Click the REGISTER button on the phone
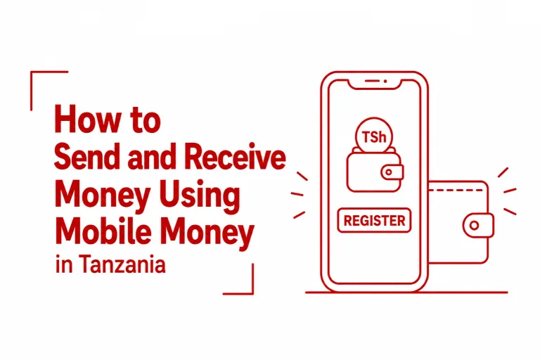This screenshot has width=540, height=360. (374, 221)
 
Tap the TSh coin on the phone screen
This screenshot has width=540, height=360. (374, 136)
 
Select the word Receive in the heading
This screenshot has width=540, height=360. (235, 157)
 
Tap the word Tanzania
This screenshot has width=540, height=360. (123, 264)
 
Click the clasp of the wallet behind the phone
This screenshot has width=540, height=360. (477, 225)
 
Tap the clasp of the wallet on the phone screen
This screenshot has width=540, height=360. (392, 172)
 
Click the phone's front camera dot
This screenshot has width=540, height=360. (385, 82)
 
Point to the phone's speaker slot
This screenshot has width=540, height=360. (372, 81)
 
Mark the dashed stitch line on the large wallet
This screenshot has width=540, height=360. (456, 190)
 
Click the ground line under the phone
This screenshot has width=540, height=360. (406, 292)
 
